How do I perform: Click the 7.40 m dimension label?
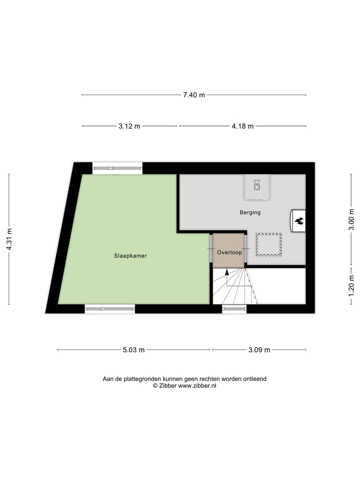click(194, 95)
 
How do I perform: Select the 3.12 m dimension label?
click(129, 126)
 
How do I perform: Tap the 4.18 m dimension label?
click(242, 126)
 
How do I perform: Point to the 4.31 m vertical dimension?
click(9, 239)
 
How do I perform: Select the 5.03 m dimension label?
click(133, 350)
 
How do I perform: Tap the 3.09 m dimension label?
click(259, 350)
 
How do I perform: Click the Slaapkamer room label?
click(129, 255)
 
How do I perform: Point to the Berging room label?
click(250, 212)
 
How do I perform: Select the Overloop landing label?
click(229, 252)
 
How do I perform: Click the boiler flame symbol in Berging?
click(299, 220)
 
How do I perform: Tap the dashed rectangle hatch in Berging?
click(269, 244)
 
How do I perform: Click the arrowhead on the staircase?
click(227, 272)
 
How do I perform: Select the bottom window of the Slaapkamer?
click(110, 309)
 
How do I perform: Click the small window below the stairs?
click(234, 309)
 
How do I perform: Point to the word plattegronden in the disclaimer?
click(144, 379)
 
